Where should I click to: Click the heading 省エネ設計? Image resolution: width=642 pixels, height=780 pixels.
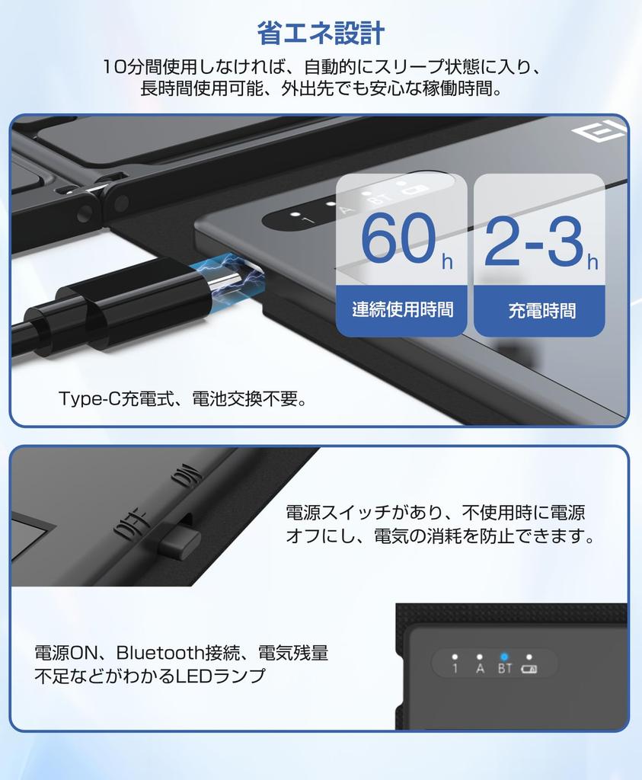tap(321, 34)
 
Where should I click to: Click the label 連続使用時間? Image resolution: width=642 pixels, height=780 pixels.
tap(402, 309)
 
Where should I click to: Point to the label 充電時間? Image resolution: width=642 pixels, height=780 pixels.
tap(541, 310)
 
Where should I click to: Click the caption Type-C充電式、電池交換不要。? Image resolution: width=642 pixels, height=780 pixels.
tap(183, 398)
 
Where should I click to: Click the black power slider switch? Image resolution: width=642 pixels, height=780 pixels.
tap(179, 542)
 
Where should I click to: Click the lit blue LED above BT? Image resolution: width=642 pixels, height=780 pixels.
tap(504, 656)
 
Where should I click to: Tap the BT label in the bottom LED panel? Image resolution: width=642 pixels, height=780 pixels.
tap(504, 669)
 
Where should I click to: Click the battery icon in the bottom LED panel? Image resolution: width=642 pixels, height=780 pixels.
tap(529, 670)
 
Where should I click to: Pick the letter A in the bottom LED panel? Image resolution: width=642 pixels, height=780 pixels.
tap(480, 669)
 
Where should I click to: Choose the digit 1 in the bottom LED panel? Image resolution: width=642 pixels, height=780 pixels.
tap(455, 669)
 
